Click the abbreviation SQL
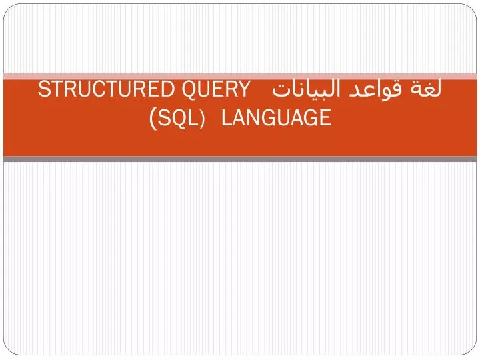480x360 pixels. coord(178,119)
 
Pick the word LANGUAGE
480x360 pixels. coord(275,119)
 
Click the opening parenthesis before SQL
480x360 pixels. coord(154,119)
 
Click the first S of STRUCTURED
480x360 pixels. coord(43,89)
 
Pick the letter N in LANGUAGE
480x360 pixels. coord(251,119)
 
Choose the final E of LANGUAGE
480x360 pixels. coord(325,119)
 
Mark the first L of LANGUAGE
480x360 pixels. coord(225,119)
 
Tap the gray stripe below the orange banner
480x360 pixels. coord(240,159)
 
